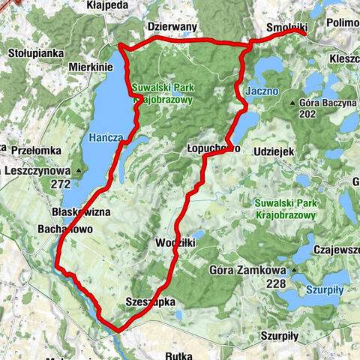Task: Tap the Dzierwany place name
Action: (171, 25)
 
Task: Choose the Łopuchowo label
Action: (212, 149)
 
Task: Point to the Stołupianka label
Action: (33, 53)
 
